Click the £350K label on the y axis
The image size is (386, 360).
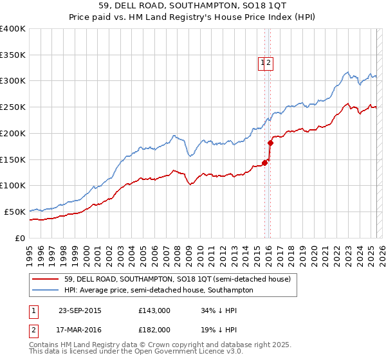13,55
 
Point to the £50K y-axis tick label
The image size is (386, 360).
15,212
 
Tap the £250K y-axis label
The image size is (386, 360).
13,107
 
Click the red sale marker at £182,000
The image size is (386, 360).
270,142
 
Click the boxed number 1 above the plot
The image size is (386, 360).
262,62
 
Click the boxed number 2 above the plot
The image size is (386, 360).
270,62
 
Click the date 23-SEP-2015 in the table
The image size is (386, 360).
80,310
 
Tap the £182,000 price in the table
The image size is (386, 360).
154,329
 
